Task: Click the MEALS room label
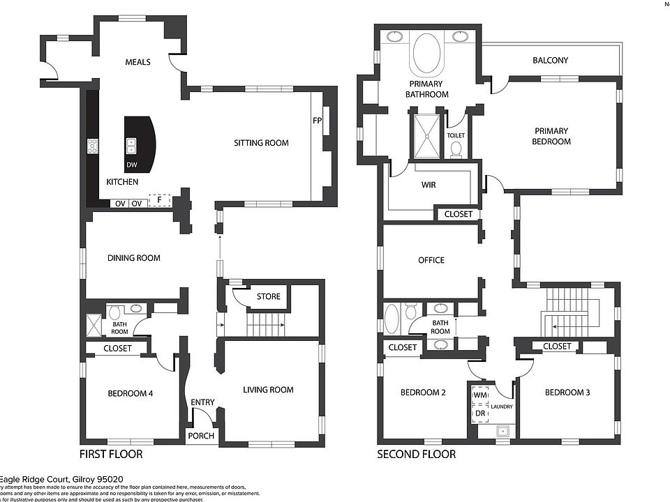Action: click(x=137, y=62)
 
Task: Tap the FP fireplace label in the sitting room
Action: click(x=317, y=121)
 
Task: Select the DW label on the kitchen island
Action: click(x=132, y=165)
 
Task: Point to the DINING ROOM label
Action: click(x=133, y=258)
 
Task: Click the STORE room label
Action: click(x=268, y=296)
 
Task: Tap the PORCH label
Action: click(x=201, y=436)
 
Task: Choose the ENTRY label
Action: click(x=202, y=402)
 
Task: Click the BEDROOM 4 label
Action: click(x=131, y=393)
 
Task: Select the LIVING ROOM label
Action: click(x=268, y=390)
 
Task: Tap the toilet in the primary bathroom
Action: click(x=456, y=149)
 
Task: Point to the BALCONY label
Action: click(x=550, y=61)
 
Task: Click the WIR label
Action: click(x=429, y=185)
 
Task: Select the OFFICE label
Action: click(x=431, y=260)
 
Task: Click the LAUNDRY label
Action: click(x=501, y=406)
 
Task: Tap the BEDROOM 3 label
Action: click(x=567, y=393)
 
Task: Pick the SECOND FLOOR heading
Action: click(x=416, y=455)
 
